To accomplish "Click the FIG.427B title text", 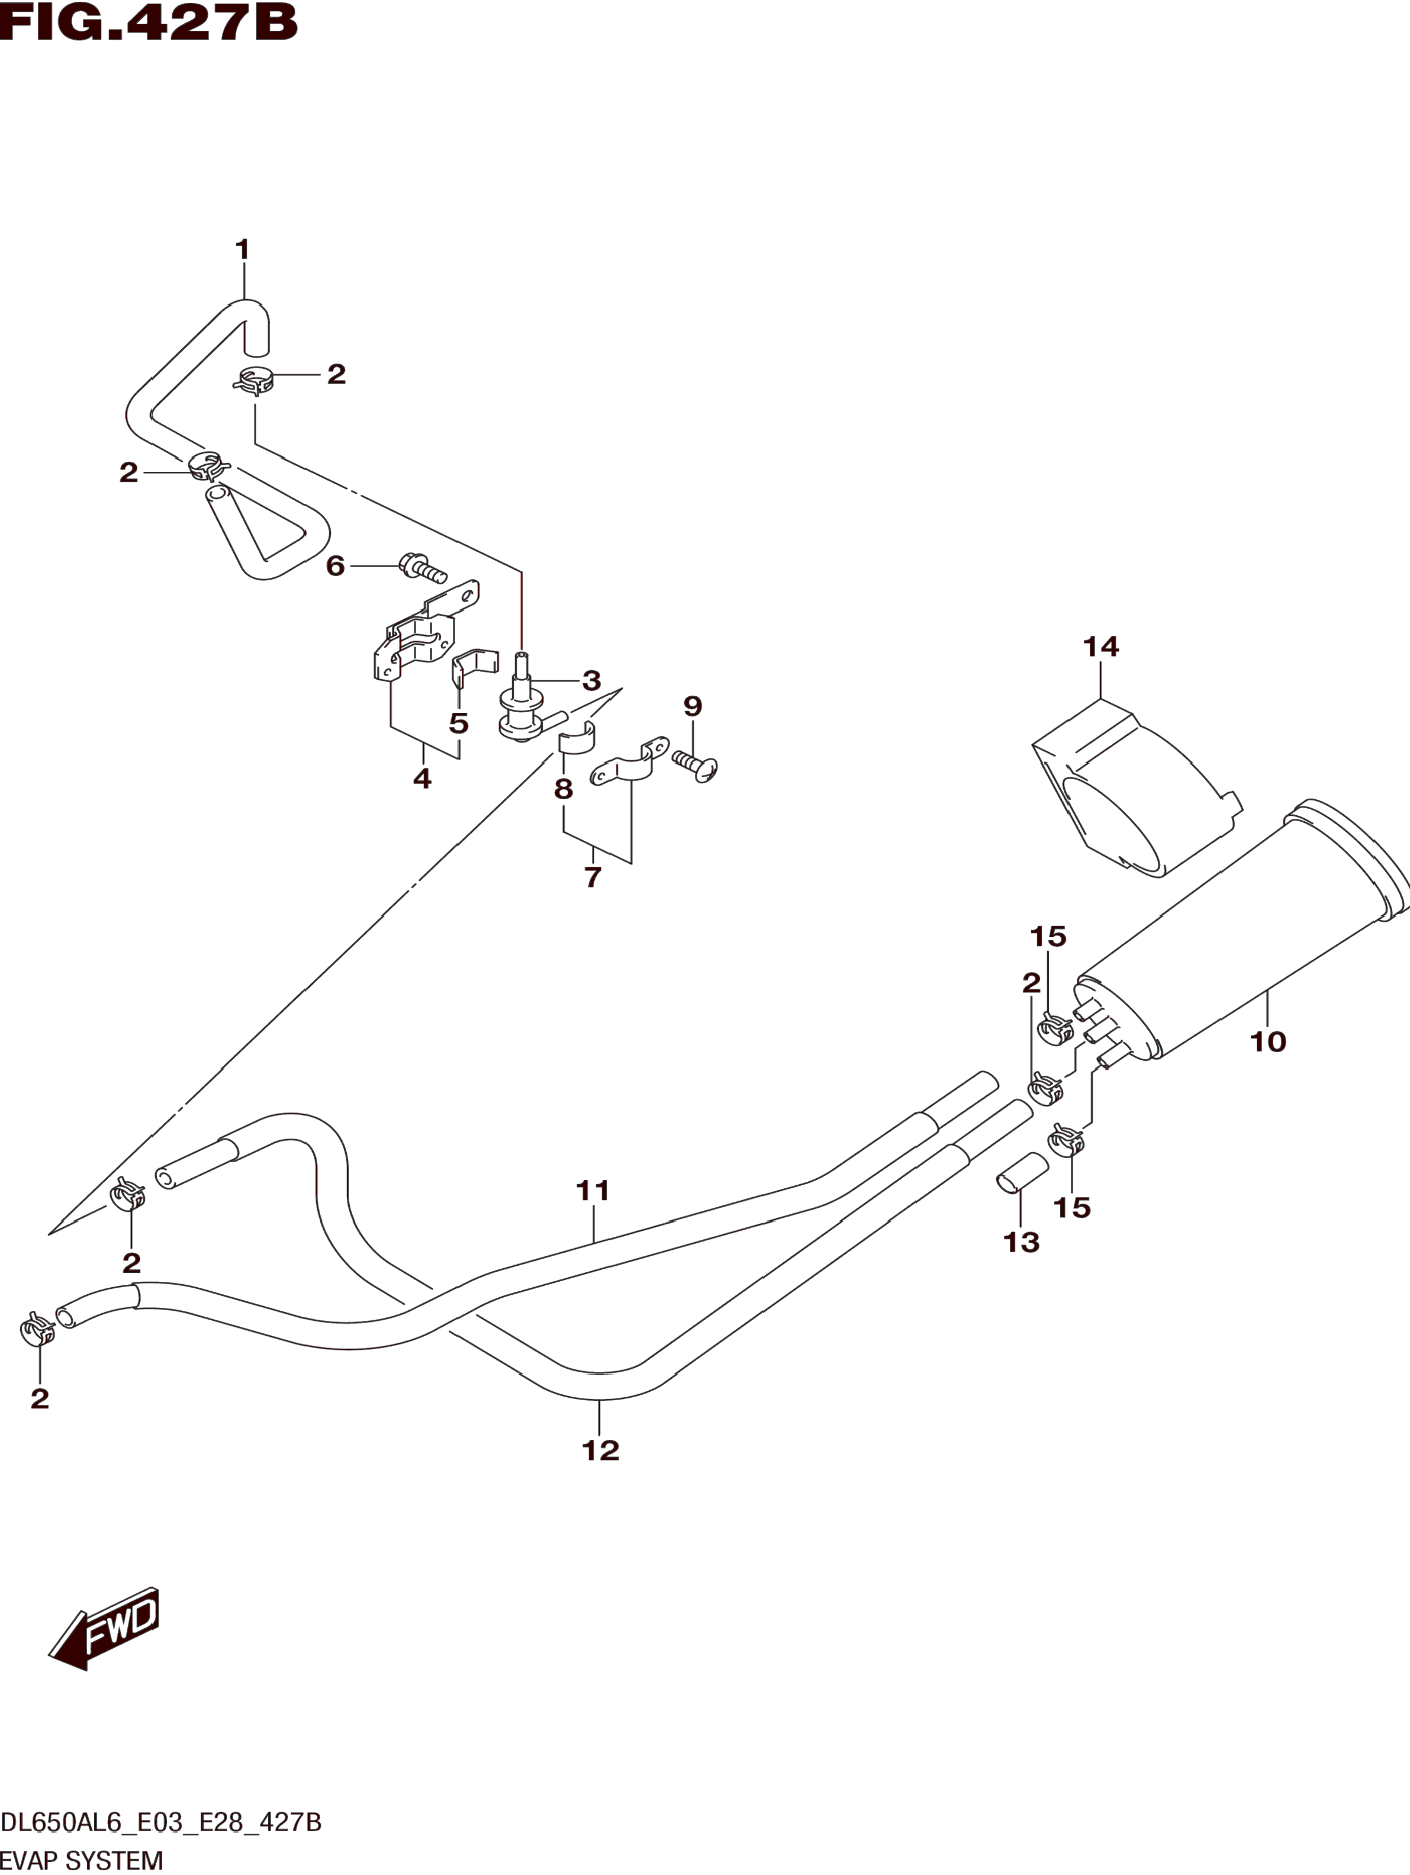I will [x=149, y=23].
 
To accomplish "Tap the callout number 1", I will [x=242, y=250].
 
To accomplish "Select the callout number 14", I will [x=1101, y=647].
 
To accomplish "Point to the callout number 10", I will [x=1268, y=1041].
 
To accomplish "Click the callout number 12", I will [x=601, y=1451].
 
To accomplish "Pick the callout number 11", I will [x=593, y=1191].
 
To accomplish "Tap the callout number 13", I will [x=1021, y=1243].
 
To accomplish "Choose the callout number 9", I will [x=693, y=705].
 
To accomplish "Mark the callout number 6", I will [x=336, y=566].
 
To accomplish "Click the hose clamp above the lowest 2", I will [x=37, y=1330].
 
